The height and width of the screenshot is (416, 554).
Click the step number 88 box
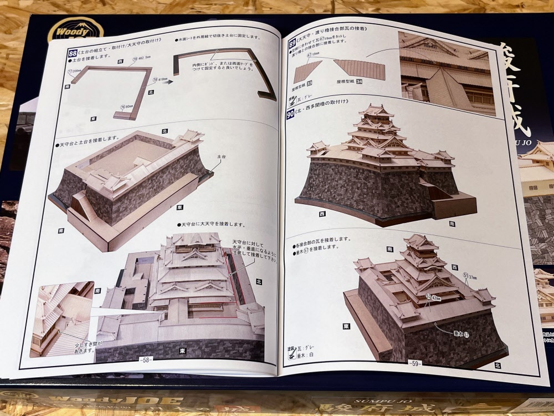tap(73, 53)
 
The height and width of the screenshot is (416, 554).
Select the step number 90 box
tap(291, 114)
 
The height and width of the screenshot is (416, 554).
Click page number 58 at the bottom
tap(145, 359)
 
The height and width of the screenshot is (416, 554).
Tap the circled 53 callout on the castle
tap(428, 297)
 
